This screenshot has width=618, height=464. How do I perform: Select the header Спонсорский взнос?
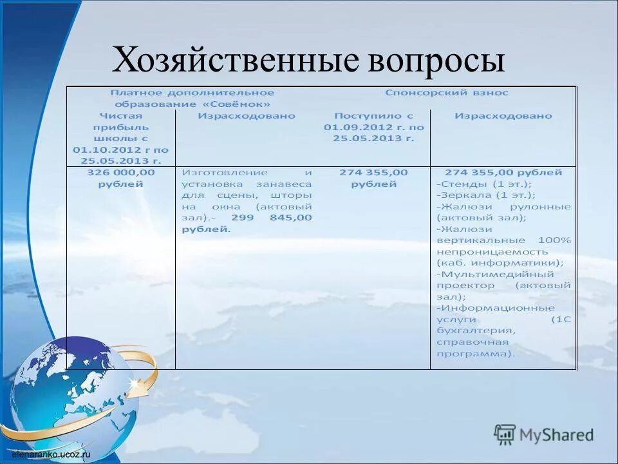[x=447, y=92]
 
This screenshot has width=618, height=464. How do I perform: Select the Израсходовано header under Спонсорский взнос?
[x=503, y=116]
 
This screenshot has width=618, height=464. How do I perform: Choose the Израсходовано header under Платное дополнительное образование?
[x=246, y=116]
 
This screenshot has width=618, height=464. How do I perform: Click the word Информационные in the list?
[x=495, y=308]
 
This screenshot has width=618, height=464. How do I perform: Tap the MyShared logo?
[x=544, y=434]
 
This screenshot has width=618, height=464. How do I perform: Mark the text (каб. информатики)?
[x=500, y=263]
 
